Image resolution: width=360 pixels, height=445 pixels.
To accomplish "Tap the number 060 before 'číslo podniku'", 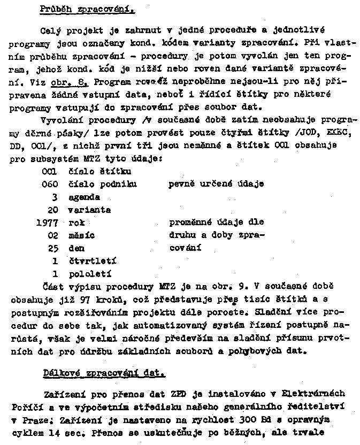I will pyautogui.click(x=50, y=184).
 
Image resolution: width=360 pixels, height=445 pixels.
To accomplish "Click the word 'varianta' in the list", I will pyautogui.click(x=89, y=210).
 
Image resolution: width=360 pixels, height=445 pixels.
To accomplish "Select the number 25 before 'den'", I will pyautogui.click(x=52, y=248).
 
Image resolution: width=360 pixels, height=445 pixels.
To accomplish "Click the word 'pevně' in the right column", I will pyautogui.click(x=181, y=184).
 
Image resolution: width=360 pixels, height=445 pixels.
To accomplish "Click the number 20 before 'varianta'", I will pyautogui.click(x=52, y=210).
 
